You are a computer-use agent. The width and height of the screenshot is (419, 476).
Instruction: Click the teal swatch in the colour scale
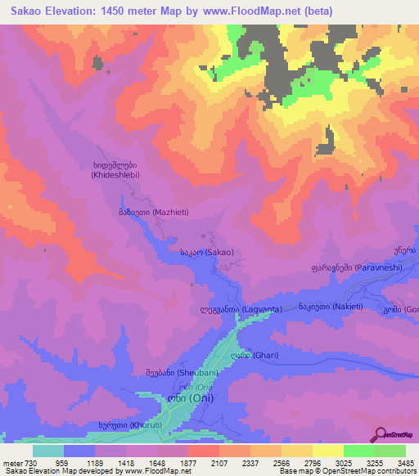click(47, 451)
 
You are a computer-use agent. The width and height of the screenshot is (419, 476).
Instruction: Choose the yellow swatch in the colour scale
click(327, 451)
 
